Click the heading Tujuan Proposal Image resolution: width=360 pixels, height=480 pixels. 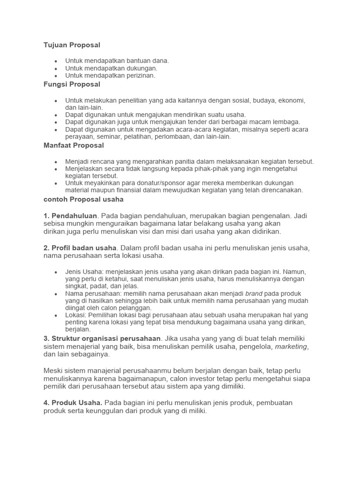click(72, 45)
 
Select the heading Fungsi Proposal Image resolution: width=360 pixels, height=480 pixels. click(72, 84)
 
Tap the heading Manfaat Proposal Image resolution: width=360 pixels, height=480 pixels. click(74, 145)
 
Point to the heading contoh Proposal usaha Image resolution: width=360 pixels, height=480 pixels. click(83, 199)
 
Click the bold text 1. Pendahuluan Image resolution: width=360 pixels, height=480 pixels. click(70, 216)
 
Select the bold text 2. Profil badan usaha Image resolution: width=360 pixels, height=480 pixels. click(80, 247)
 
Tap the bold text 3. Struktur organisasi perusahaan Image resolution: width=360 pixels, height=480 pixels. click(102, 338)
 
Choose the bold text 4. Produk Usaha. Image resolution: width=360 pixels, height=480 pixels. click(73, 403)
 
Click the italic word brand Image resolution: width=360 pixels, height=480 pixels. click(254, 294)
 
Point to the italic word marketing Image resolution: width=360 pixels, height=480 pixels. click(291, 346)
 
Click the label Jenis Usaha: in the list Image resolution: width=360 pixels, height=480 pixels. click(84, 271)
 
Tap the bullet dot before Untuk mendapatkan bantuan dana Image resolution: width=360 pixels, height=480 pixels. click(56, 61)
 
